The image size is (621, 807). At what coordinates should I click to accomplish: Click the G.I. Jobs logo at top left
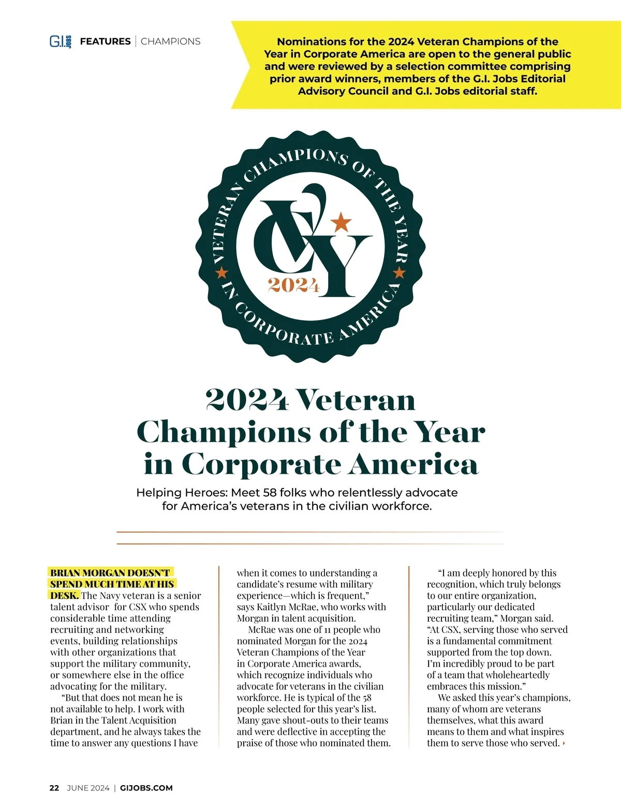(60, 41)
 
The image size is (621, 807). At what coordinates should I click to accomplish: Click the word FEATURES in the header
(105, 41)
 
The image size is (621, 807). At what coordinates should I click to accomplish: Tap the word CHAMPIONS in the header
(170, 41)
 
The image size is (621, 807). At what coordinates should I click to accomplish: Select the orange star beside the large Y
(341, 222)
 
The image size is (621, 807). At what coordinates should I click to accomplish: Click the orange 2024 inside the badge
(293, 285)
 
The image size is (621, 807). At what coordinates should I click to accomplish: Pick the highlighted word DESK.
(64, 596)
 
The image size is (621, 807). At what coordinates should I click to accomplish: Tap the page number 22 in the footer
(54, 788)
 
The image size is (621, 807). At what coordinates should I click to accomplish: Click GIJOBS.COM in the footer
(146, 788)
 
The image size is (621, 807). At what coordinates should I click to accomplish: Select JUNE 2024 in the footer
(88, 788)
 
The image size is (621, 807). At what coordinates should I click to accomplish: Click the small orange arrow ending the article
(564, 744)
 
